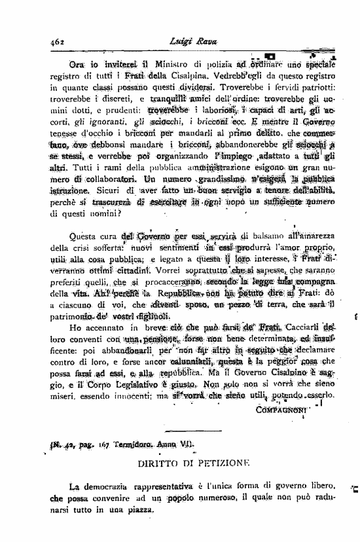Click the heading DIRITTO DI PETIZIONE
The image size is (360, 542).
pos(194,462)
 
